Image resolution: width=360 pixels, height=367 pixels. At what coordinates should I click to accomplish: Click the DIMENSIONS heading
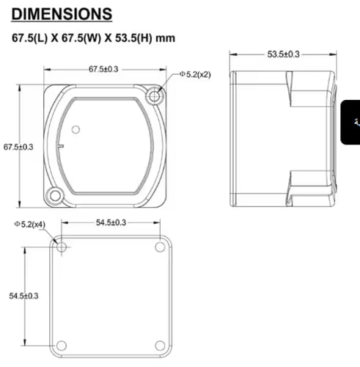(x=62, y=14)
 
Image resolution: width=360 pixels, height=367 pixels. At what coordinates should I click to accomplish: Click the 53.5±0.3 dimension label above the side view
(x=283, y=54)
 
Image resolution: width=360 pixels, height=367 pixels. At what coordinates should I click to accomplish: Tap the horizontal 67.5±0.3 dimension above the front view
(x=103, y=69)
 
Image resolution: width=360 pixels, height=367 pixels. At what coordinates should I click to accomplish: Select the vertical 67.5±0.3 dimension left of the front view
(x=18, y=147)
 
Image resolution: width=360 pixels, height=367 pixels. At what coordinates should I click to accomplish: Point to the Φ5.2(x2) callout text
(x=195, y=74)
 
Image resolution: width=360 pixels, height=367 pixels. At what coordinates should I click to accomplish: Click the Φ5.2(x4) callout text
(x=30, y=224)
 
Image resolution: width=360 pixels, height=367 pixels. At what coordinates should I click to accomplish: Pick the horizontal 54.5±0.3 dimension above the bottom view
(x=111, y=222)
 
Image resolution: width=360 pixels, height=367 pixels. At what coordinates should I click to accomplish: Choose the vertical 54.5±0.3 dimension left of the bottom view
(x=23, y=296)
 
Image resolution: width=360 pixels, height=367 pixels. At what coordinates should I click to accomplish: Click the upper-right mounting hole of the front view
(x=154, y=96)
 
